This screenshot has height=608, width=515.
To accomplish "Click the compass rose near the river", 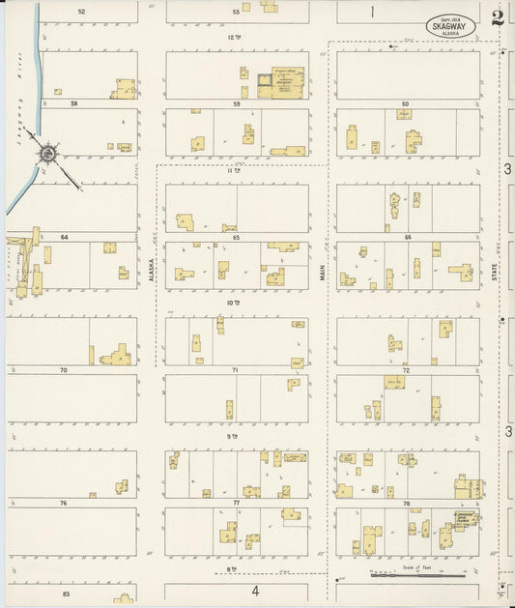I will point(46,153).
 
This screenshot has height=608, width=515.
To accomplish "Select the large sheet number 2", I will point(497,17).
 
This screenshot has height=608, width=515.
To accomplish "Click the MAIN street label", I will point(323,274).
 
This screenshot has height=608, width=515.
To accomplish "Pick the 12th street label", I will point(232,37).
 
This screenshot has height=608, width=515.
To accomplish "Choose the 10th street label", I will point(232,303).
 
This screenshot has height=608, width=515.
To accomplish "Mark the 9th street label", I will point(232,436).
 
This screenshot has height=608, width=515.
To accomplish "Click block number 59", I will point(236,103).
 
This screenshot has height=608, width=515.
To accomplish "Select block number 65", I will point(236,237).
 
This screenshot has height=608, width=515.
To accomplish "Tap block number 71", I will point(236,370).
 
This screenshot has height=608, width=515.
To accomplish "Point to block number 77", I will point(236,504).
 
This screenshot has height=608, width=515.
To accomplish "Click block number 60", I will point(406,103).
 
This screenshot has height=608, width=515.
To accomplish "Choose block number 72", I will point(406,370).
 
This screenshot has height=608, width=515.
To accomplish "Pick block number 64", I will point(65,237).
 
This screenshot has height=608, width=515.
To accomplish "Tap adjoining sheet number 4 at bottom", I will point(256,591).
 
